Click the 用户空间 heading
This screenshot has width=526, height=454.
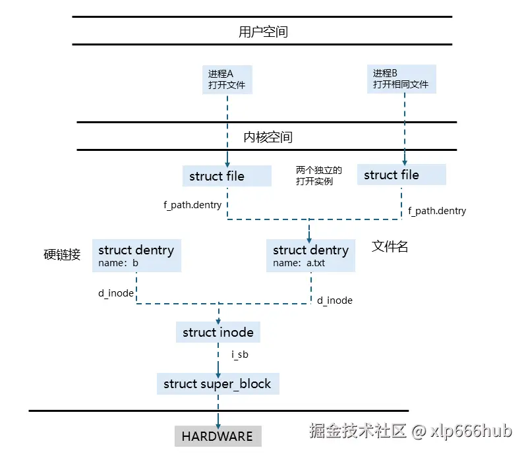tap(262, 31)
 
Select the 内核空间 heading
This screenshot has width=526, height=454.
tap(267, 137)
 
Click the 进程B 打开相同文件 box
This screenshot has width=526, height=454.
tap(401, 78)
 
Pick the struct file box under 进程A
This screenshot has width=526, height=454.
tap(226, 176)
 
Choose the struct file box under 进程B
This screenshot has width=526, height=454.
tap(401, 175)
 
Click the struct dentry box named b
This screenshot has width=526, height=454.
tap(136, 256)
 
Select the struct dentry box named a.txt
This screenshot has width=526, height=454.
tap(310, 256)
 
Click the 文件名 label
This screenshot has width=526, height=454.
tap(390, 246)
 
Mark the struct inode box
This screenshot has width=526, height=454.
tap(218, 333)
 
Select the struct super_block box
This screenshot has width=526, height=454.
tap(217, 383)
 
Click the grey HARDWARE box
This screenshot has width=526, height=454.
tap(217, 436)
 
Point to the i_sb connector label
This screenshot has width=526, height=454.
tap(239, 355)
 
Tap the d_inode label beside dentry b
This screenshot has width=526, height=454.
tap(116, 293)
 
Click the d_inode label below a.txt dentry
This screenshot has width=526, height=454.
tap(334, 300)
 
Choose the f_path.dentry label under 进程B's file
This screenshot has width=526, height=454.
tap(436, 211)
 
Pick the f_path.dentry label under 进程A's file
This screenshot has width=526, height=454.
tap(192, 205)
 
